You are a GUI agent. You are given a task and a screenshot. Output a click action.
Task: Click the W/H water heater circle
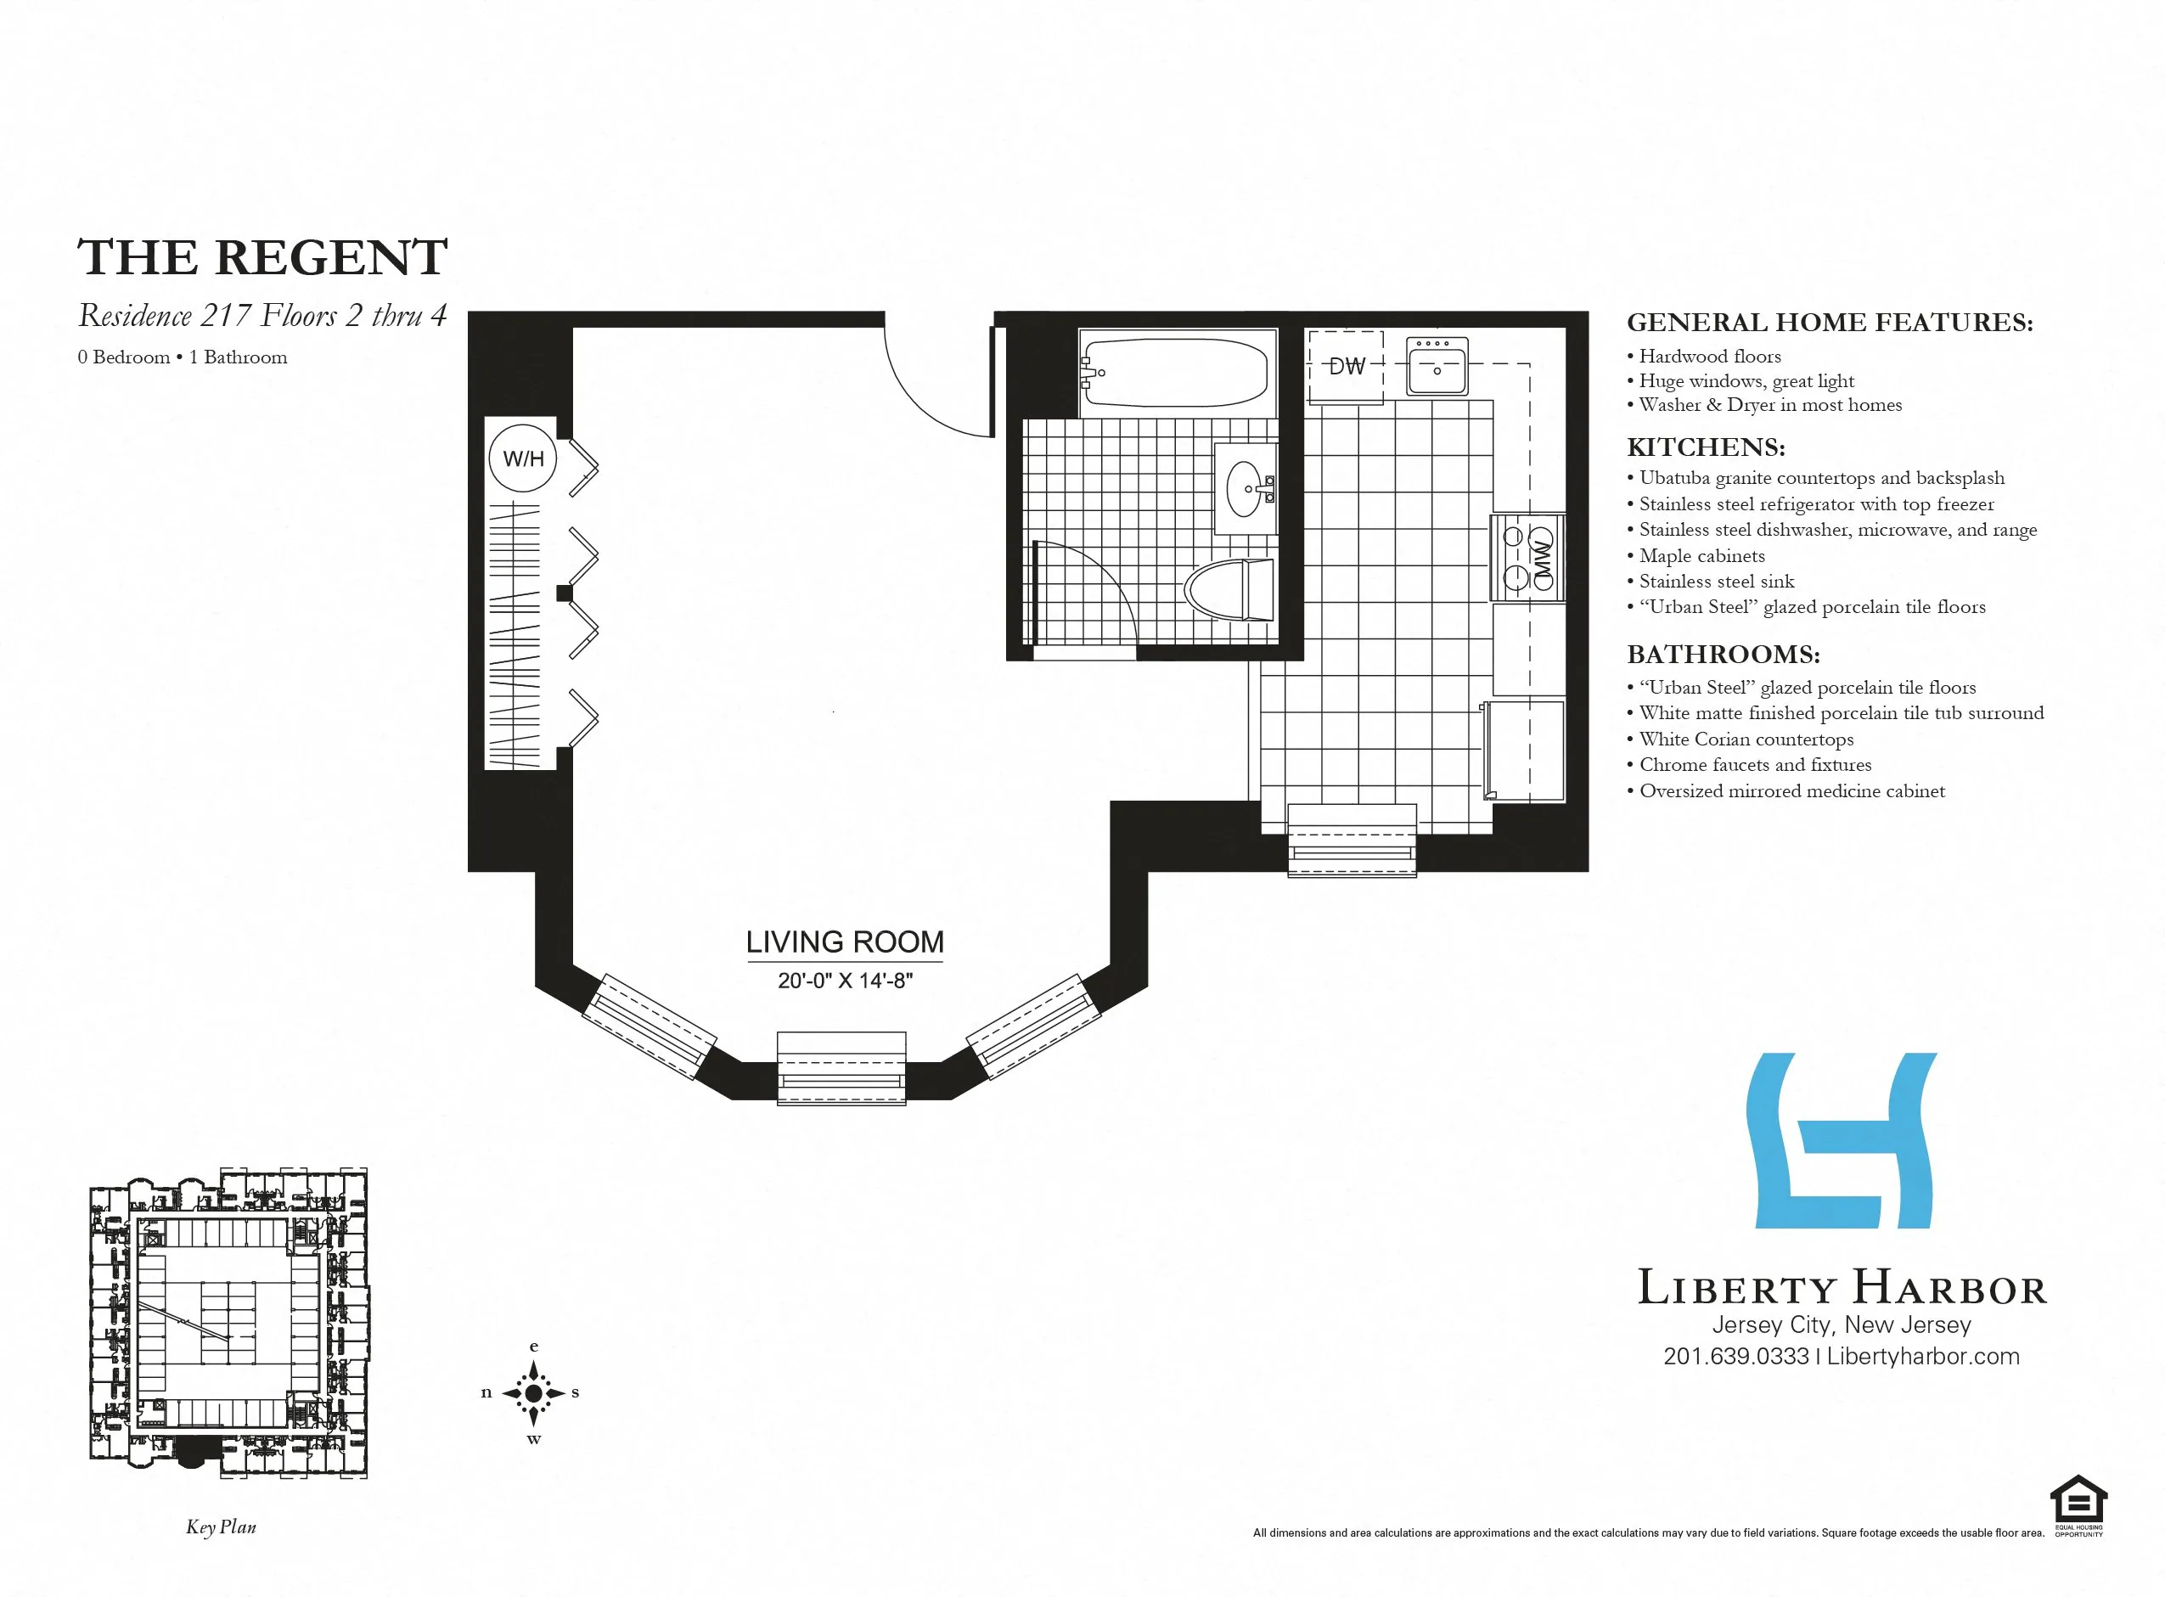pos(523,459)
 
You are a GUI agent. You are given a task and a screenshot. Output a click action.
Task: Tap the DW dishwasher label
pos(1347,367)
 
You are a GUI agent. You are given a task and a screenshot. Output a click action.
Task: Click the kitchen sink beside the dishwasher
pos(1437,368)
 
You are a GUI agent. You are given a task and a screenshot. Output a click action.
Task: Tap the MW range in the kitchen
pos(1529,558)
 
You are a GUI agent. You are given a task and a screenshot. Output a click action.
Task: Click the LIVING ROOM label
pos(845,942)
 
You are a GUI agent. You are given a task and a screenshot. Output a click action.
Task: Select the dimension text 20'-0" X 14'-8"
pos(845,981)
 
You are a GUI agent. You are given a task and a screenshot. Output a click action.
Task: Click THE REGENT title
pos(262,257)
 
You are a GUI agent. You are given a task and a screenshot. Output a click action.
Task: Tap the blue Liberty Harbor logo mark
pos(1842,1141)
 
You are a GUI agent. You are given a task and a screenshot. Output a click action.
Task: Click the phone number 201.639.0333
pos(1736,1356)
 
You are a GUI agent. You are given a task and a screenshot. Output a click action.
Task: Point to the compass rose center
pos(533,1393)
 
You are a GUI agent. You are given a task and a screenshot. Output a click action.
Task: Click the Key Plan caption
pos(222,1527)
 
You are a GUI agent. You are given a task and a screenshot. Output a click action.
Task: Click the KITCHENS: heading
pos(1706,447)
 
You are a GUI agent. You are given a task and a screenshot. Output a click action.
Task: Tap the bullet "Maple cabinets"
pos(1701,556)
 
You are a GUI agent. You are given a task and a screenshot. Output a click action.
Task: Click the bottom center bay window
pos(842,1068)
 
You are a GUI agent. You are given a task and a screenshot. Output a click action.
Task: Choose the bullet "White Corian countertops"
pos(1746,739)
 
